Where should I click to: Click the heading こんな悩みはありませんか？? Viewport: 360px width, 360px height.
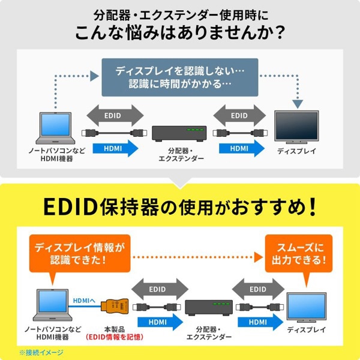point(180,31)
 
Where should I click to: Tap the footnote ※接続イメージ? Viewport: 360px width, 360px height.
point(40,352)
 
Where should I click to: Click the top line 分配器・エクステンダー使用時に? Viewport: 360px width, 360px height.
point(180,12)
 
